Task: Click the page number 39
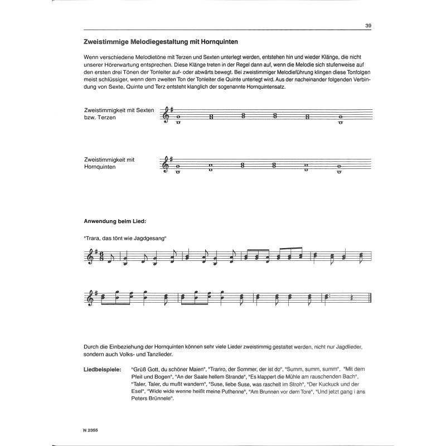click(369, 25)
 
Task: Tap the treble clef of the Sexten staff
click(165, 115)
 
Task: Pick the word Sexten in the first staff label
click(144, 111)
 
